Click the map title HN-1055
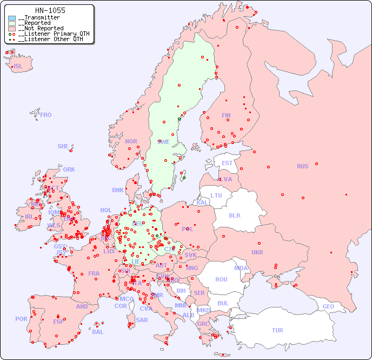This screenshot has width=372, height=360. (50, 10)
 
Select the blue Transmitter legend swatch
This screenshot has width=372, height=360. (12, 18)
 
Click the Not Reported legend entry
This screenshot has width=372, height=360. (41, 28)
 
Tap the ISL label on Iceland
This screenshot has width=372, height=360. (18, 67)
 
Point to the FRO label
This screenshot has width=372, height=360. (46, 115)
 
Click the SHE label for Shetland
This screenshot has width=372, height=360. (63, 146)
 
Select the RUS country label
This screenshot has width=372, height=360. (302, 166)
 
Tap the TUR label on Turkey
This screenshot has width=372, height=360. (277, 330)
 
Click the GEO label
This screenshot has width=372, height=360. (328, 306)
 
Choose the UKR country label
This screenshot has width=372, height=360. (257, 252)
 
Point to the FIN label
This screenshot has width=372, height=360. (226, 115)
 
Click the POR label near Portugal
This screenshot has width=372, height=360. (21, 319)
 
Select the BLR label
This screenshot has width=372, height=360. (234, 215)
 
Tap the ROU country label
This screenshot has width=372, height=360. (221, 279)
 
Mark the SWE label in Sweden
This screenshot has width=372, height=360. (163, 142)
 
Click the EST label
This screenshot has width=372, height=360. (227, 163)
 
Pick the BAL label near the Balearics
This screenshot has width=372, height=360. (97, 332)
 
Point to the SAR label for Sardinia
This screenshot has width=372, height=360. (142, 320)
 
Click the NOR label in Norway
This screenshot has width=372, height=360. (131, 141)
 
